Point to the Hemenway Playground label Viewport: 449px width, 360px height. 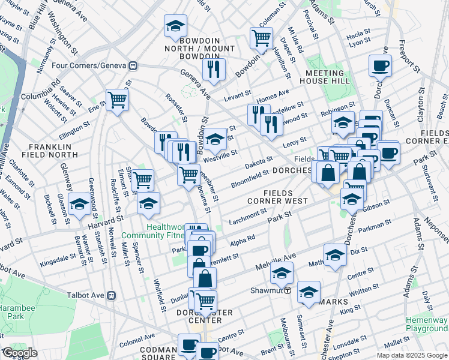click(426, 324)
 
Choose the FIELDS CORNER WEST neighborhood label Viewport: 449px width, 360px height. click(278, 197)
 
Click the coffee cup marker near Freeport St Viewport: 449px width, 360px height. click(381, 67)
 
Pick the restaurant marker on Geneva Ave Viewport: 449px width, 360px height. click(213, 70)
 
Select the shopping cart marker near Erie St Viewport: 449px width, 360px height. click(117, 100)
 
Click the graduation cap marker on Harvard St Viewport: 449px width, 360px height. click(79, 205)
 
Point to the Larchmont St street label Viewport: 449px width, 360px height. click(247, 214)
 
